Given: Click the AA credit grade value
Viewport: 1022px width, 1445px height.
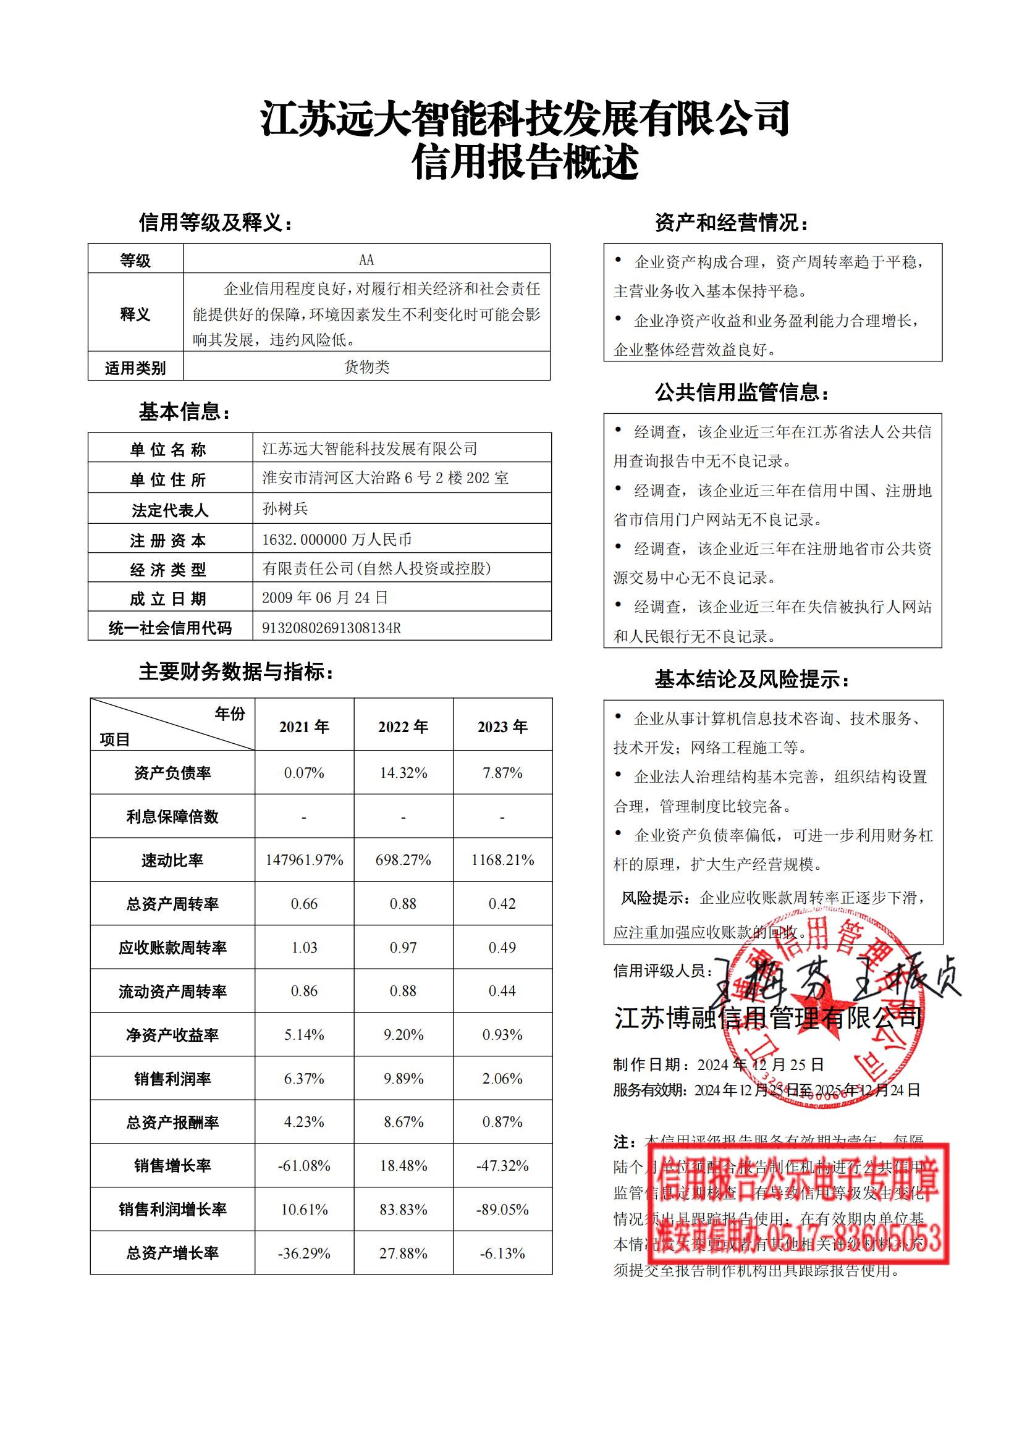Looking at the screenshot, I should pyautogui.click(x=366, y=259).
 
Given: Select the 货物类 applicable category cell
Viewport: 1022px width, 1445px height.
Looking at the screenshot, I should pyautogui.click(x=366, y=367).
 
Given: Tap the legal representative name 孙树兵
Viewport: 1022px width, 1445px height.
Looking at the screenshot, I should pyautogui.click(x=285, y=508).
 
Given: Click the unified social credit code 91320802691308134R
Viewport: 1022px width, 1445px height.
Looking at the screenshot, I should pyautogui.click(x=331, y=628).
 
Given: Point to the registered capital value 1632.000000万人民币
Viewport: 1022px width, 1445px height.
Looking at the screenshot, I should pyautogui.click(x=337, y=539).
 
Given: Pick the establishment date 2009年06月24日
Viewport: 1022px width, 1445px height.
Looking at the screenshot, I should pyautogui.click(x=325, y=597).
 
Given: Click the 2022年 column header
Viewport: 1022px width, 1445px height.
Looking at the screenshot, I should pyautogui.click(x=403, y=727).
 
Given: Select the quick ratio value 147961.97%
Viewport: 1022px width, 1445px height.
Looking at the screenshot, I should pyautogui.click(x=304, y=860).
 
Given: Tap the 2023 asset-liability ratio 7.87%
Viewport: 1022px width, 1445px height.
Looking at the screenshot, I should pyautogui.click(x=502, y=773).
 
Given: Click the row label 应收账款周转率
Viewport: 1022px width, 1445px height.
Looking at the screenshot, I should pyautogui.click(x=172, y=948).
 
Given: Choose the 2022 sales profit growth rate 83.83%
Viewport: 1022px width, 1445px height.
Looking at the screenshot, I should pyautogui.click(x=403, y=1209).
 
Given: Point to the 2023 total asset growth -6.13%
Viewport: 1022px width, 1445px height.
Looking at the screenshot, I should pyautogui.click(x=502, y=1253).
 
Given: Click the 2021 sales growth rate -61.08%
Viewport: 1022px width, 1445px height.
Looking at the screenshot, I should pyautogui.click(x=304, y=1166).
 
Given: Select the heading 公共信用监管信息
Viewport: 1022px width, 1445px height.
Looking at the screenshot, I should pyautogui.click(x=742, y=393).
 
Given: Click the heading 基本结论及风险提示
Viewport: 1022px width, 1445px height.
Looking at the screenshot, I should pyautogui.click(x=751, y=680).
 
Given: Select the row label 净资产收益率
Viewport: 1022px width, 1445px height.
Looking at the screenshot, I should pyautogui.click(x=172, y=1035).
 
